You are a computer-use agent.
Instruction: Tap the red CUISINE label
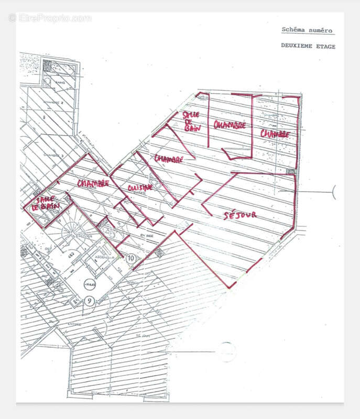pos(140,188)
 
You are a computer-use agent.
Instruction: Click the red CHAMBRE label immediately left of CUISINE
pos(93,183)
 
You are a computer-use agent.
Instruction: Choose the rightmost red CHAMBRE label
pos(275,134)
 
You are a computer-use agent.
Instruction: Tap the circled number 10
pos(131,258)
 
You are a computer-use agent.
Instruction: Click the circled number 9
pos(90,301)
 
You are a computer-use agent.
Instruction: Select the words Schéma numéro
pos(307,30)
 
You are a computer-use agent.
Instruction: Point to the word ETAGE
pos(325,46)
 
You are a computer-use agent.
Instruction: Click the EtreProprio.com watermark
pos(50,18)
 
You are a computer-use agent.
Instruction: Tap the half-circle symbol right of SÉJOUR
pos(334,193)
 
